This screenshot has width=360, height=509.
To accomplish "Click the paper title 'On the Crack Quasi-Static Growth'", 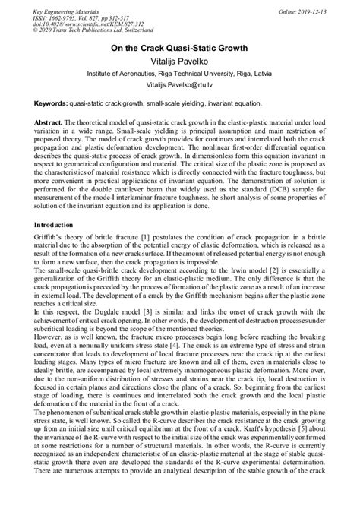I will (181, 48).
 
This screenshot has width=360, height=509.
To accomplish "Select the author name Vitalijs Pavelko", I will (181, 61).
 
